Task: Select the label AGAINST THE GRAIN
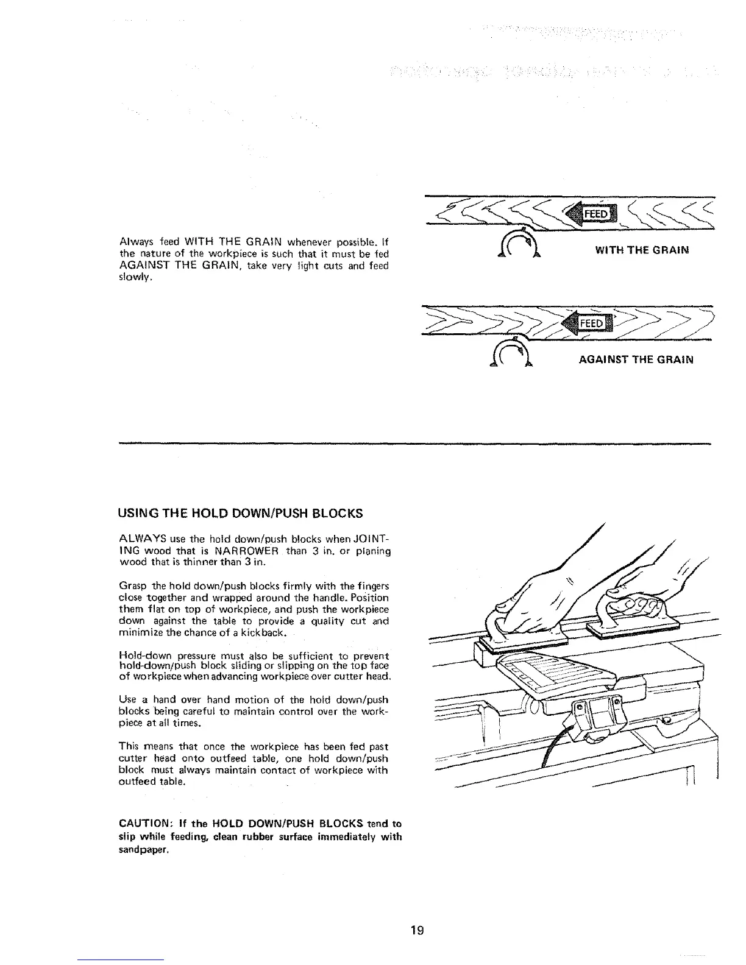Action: point(636,359)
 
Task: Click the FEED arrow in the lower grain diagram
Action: point(588,323)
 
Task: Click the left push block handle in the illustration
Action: point(497,622)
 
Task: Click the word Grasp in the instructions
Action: point(128,585)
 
